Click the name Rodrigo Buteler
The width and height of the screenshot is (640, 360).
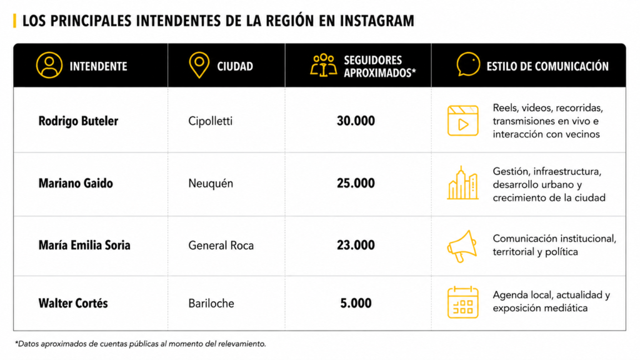(x=78, y=121)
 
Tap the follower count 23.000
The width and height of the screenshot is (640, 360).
(x=356, y=245)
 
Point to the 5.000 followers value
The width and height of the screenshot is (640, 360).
(x=356, y=303)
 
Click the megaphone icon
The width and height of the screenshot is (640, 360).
(x=462, y=246)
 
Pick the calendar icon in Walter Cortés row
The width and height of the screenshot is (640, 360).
(x=462, y=302)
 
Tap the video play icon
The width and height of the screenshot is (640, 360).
(x=462, y=121)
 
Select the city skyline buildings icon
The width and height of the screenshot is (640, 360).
(x=462, y=183)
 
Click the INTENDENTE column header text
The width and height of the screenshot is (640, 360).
(x=98, y=66)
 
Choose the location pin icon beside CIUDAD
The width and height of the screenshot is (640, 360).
(x=199, y=65)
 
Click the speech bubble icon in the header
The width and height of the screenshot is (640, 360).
(x=468, y=64)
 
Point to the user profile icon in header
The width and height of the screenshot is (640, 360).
(x=49, y=65)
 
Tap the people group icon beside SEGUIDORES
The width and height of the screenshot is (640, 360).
(x=323, y=65)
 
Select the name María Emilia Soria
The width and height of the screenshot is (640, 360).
(x=84, y=245)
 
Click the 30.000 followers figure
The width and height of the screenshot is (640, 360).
(x=356, y=121)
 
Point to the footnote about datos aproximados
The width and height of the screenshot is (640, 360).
(x=141, y=344)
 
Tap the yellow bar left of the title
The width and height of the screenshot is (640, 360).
(x=15, y=21)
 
